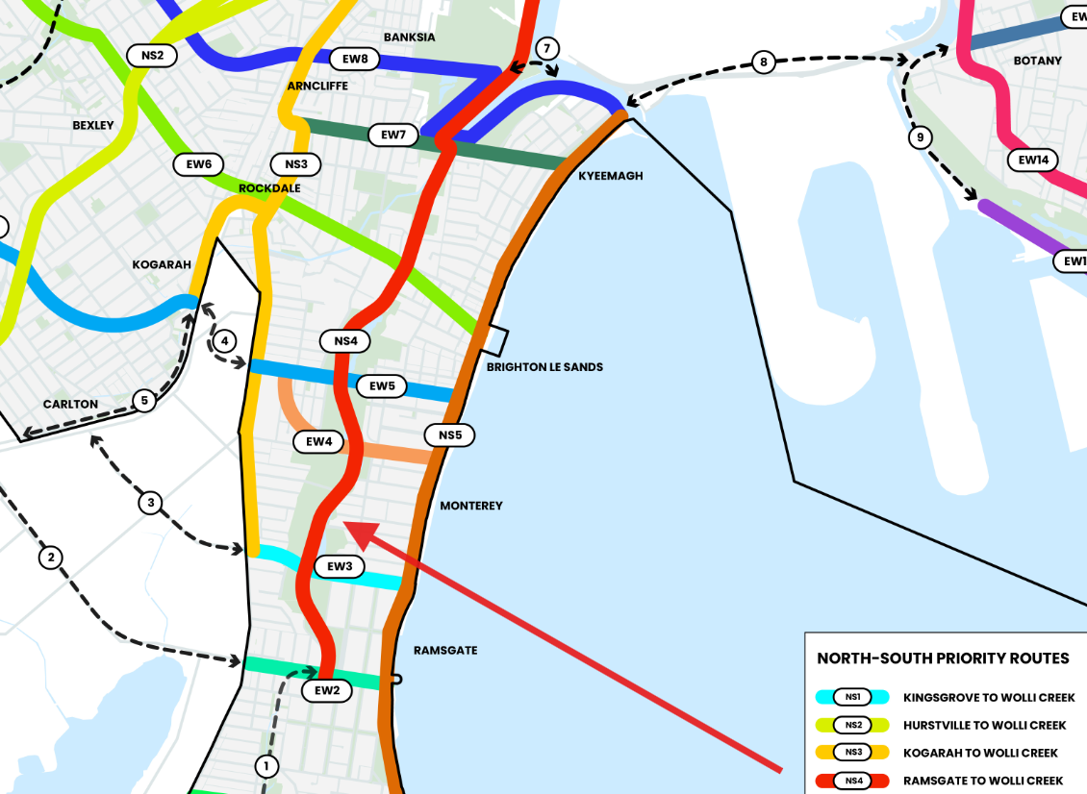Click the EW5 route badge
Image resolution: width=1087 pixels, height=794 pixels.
[x=382, y=386]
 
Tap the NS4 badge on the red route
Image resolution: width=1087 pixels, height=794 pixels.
[x=345, y=340]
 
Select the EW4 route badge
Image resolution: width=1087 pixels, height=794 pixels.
[x=319, y=441]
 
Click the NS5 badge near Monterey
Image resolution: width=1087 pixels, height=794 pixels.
[x=450, y=435]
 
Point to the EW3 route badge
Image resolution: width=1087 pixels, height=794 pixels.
[x=340, y=566]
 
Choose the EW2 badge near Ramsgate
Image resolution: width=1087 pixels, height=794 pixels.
[x=327, y=690]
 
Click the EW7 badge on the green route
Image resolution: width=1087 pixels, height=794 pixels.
[x=393, y=135]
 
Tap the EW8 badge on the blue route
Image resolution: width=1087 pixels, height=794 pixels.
[x=355, y=59]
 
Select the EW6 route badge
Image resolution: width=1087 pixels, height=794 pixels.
[x=199, y=164]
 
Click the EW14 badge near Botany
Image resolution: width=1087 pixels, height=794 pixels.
[x=1033, y=161]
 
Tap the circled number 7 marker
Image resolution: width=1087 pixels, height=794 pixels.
[x=545, y=48]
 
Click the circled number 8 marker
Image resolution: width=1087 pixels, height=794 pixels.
[x=764, y=62]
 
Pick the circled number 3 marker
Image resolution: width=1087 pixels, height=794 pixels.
[x=150, y=502]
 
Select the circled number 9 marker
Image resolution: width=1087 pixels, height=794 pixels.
[x=920, y=138]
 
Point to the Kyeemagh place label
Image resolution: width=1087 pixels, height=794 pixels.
[x=610, y=176]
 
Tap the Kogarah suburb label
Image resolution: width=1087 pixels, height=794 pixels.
[x=162, y=264]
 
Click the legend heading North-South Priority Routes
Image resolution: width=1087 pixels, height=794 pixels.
[x=943, y=658]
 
